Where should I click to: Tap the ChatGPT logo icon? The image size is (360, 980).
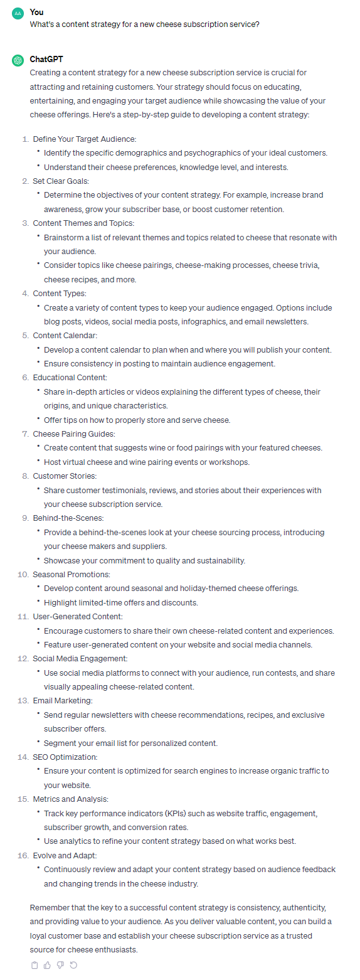(x=17, y=60)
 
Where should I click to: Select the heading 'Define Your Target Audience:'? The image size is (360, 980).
(x=85, y=139)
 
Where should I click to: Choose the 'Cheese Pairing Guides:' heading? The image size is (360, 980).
(x=74, y=434)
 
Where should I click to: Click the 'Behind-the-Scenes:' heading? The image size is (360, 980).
(x=68, y=518)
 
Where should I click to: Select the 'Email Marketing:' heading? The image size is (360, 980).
(x=63, y=700)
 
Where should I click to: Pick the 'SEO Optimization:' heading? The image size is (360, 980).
(x=65, y=757)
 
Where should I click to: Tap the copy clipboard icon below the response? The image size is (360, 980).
(x=34, y=965)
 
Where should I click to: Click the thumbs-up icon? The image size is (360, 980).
(x=47, y=965)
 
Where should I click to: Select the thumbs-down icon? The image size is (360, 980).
(x=60, y=965)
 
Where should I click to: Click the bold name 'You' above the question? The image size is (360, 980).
(x=36, y=12)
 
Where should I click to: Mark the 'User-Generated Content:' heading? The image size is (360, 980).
(x=78, y=616)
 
